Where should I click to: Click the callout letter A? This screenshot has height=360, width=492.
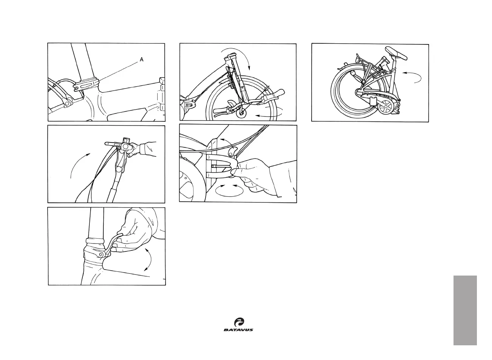tap(141, 60)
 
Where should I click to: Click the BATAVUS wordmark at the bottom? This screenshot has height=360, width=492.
tap(238, 330)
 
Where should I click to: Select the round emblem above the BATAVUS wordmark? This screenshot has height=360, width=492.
tap(239, 322)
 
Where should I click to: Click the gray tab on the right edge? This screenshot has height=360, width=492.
tap(465, 310)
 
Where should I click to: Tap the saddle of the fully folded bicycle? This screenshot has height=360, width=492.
tap(397, 54)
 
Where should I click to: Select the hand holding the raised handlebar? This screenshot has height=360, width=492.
tap(145, 148)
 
